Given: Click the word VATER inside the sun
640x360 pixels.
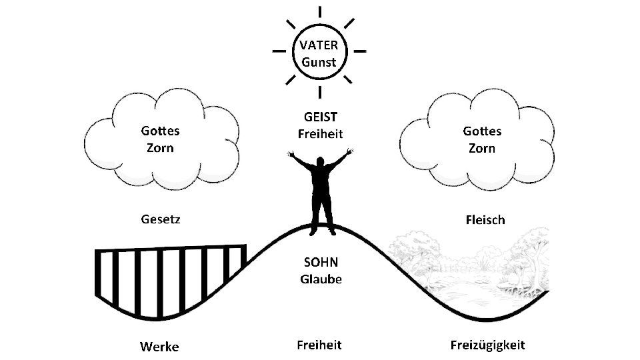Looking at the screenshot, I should [x=319, y=46].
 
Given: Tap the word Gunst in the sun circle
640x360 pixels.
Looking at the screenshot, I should [x=319, y=63].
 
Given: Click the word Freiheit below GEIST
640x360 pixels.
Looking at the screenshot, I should [x=319, y=134].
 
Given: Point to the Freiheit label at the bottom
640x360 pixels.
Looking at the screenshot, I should [x=319, y=345].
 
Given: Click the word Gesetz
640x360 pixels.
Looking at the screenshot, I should [x=160, y=219].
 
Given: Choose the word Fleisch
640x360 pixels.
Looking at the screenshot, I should [x=483, y=219].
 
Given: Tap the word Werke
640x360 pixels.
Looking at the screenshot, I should [x=159, y=346].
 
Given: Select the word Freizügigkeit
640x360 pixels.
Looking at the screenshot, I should [x=487, y=345].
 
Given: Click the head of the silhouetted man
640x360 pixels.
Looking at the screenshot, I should [x=321, y=163].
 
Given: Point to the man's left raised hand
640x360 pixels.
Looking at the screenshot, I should [x=290, y=154].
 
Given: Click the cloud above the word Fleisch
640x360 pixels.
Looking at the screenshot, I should [x=477, y=140].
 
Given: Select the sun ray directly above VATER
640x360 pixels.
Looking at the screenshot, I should [x=320, y=12].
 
